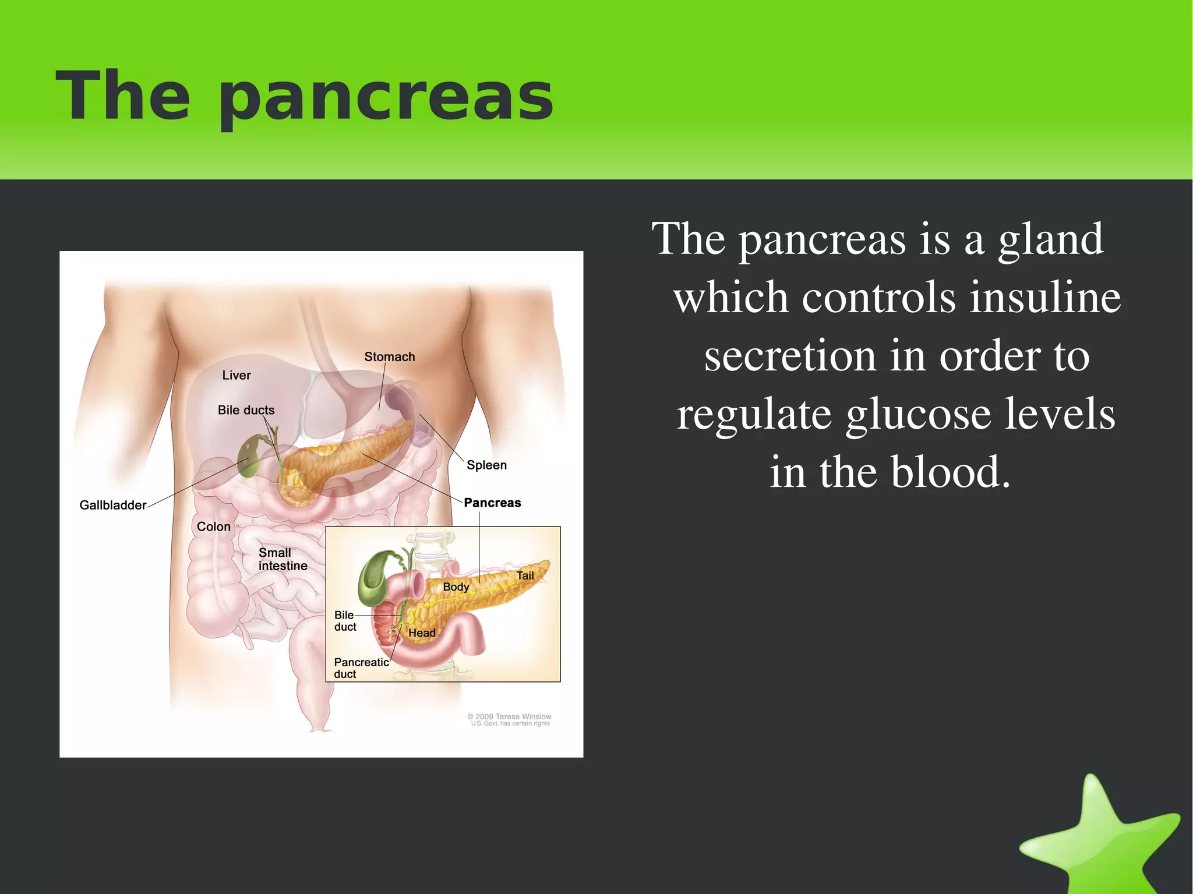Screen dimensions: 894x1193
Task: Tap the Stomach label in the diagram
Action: click(389, 356)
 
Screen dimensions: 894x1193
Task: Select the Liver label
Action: click(236, 375)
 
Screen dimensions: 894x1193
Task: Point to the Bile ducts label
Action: click(246, 410)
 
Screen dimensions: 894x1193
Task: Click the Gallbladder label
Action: click(112, 505)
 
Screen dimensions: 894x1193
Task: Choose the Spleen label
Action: click(486, 465)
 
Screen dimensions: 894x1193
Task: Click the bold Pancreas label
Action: click(492, 503)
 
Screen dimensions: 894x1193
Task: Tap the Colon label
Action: click(213, 526)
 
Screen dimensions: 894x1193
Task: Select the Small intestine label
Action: click(283, 559)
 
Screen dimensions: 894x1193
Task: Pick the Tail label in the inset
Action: click(525, 575)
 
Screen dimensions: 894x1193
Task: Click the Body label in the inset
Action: click(456, 586)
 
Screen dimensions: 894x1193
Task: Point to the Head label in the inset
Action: click(422, 632)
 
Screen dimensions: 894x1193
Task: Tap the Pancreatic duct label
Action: click(361, 668)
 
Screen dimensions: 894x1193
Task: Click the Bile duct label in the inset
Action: click(345, 621)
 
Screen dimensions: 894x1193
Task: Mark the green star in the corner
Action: click(1101, 839)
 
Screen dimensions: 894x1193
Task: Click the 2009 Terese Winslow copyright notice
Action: click(510, 720)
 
